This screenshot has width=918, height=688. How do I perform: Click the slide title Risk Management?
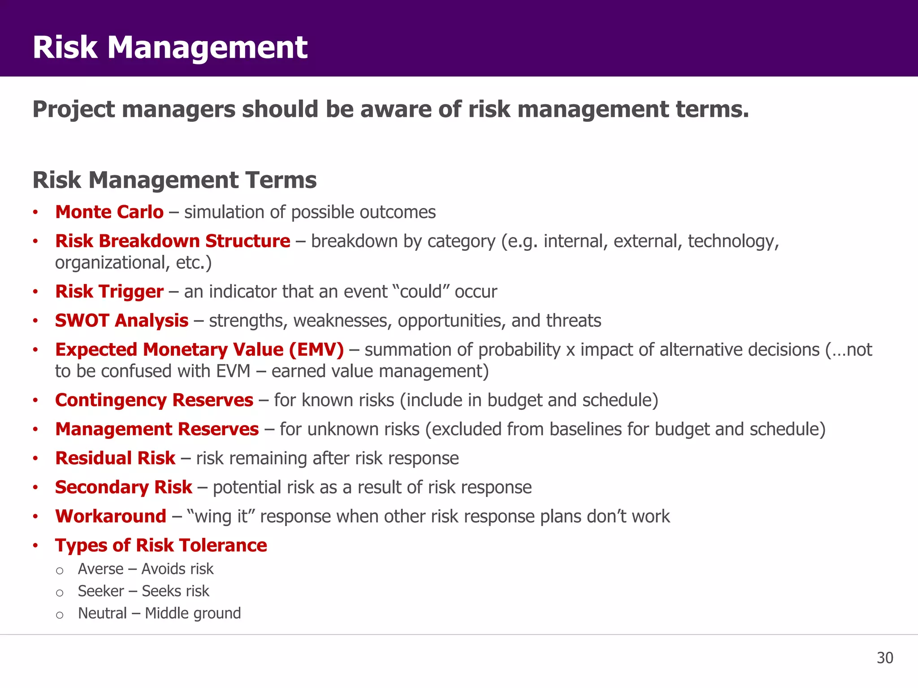click(x=170, y=47)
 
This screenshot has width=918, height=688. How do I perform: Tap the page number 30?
click(x=884, y=658)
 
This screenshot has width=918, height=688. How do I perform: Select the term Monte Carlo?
click(x=109, y=212)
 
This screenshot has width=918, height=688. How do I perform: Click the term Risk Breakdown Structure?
click(x=173, y=241)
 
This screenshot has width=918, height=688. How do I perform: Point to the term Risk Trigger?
click(x=109, y=292)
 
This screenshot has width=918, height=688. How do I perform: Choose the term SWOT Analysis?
click(x=121, y=321)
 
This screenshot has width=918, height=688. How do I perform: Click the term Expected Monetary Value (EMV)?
click(x=199, y=350)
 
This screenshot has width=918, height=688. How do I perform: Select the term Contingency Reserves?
click(x=154, y=400)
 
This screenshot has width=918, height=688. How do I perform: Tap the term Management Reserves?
click(x=157, y=429)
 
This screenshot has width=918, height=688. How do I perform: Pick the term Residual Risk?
click(x=115, y=458)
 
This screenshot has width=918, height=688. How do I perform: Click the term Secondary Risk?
click(x=123, y=487)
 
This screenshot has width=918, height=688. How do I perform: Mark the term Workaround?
click(x=111, y=516)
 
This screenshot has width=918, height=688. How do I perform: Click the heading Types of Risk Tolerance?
click(x=161, y=546)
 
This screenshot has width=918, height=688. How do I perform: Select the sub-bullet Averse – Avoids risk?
click(x=146, y=569)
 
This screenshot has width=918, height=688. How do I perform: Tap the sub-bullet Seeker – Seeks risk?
click(x=143, y=591)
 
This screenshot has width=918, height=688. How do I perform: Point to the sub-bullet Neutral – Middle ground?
click(x=159, y=613)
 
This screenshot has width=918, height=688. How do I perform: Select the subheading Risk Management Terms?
click(x=174, y=180)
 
